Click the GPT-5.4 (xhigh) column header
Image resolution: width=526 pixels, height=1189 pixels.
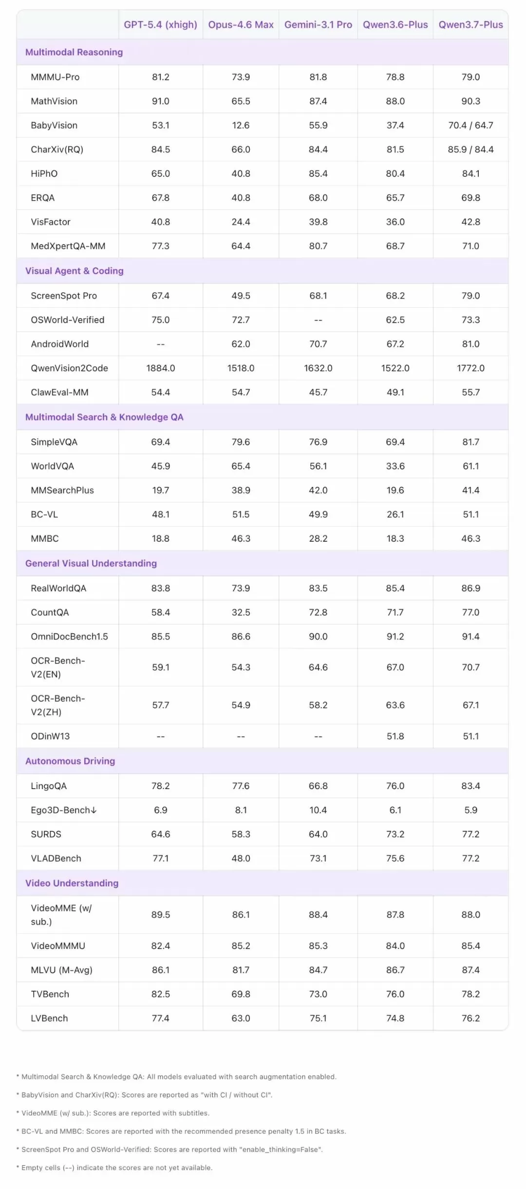(160, 25)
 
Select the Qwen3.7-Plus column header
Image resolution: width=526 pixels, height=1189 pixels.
(470, 25)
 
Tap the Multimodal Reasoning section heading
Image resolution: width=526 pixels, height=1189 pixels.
(74, 52)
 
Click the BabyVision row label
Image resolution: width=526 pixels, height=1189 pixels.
(54, 125)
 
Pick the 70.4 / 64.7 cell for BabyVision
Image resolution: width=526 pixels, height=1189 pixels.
(470, 125)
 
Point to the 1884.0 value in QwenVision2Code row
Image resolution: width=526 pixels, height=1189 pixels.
(160, 368)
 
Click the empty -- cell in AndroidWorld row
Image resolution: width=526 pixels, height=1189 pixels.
(160, 344)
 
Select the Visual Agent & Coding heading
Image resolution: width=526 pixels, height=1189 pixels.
(75, 271)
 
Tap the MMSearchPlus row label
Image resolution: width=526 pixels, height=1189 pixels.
(62, 491)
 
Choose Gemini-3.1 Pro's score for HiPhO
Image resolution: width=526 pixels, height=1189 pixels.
(318, 174)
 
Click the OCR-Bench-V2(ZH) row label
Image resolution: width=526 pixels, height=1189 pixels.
(58, 705)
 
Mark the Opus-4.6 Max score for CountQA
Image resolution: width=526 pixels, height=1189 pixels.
(241, 612)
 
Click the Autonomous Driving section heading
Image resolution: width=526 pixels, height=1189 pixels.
(70, 761)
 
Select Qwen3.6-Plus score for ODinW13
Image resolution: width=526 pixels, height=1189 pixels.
(395, 736)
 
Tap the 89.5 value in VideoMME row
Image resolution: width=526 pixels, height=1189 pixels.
(160, 915)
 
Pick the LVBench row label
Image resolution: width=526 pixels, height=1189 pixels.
(49, 1018)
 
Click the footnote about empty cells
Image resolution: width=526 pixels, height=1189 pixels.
(114, 1168)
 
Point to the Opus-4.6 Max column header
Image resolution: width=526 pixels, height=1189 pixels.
(241, 25)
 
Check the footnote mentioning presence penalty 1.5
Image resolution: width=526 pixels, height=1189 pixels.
(181, 1131)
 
